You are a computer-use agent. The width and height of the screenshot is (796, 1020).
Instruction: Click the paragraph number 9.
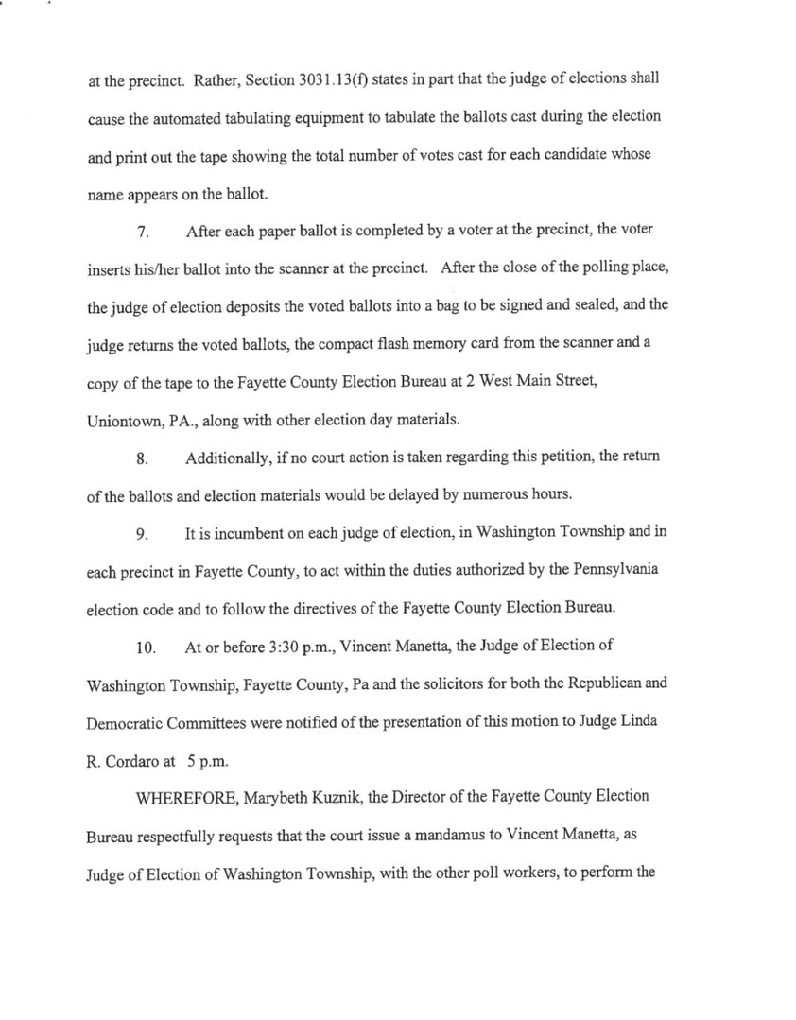(x=143, y=534)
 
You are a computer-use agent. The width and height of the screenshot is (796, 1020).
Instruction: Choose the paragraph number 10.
(x=146, y=648)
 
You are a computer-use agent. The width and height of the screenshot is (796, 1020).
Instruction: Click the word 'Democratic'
(x=130, y=724)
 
